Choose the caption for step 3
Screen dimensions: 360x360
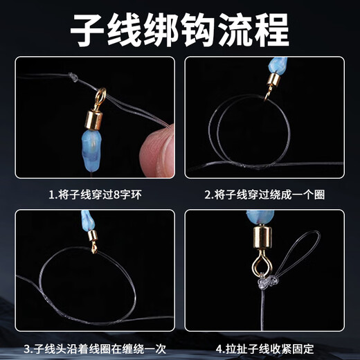click(x=95, y=347)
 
